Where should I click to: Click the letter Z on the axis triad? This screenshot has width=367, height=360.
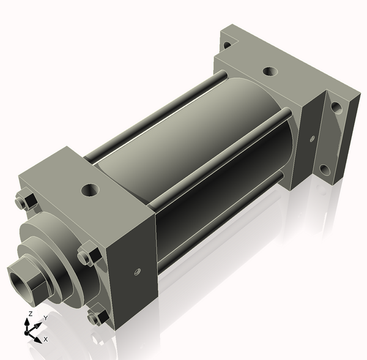29,314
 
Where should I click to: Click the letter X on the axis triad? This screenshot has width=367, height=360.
45,339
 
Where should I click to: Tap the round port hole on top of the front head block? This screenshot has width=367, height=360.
91,190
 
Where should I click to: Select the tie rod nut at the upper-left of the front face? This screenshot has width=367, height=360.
22,201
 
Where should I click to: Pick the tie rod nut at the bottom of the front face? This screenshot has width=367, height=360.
95,318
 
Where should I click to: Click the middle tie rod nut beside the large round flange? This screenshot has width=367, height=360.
87,255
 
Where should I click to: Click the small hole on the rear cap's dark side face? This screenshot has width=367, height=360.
312,138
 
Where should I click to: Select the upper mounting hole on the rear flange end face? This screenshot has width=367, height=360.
336,108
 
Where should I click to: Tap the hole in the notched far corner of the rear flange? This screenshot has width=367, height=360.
227,45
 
